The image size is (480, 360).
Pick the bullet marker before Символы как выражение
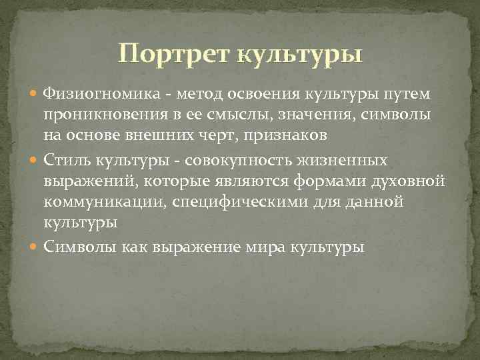34,247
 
